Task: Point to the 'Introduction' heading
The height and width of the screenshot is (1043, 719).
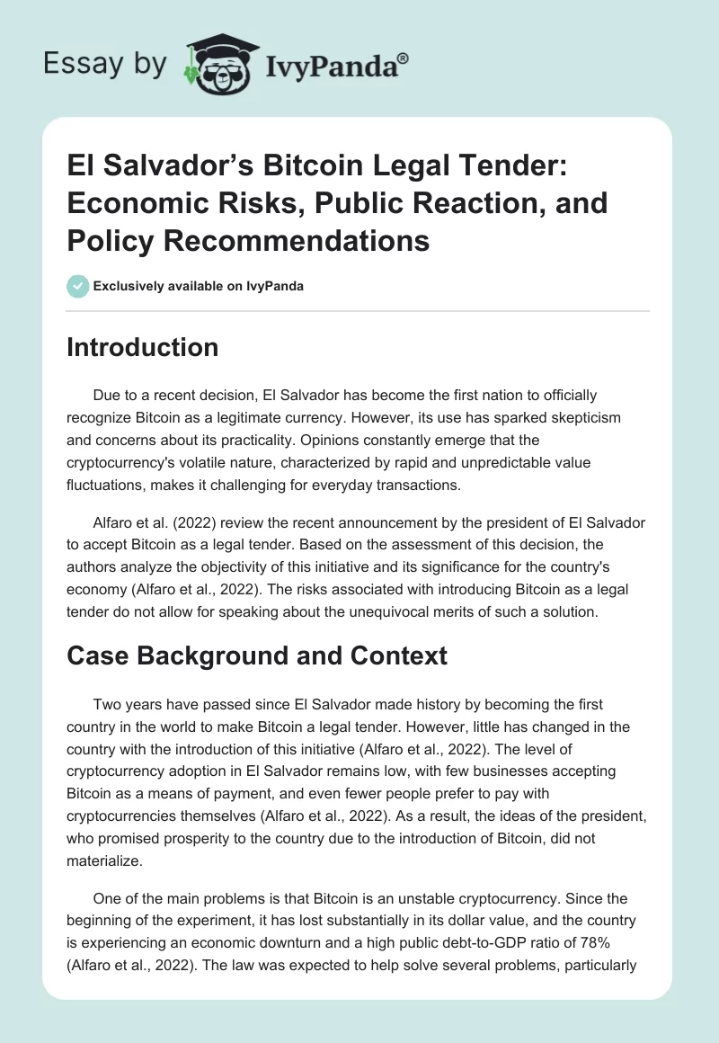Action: [142, 347]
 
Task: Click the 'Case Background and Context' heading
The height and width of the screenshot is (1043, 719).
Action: [256, 655]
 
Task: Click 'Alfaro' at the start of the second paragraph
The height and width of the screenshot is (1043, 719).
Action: [113, 522]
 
